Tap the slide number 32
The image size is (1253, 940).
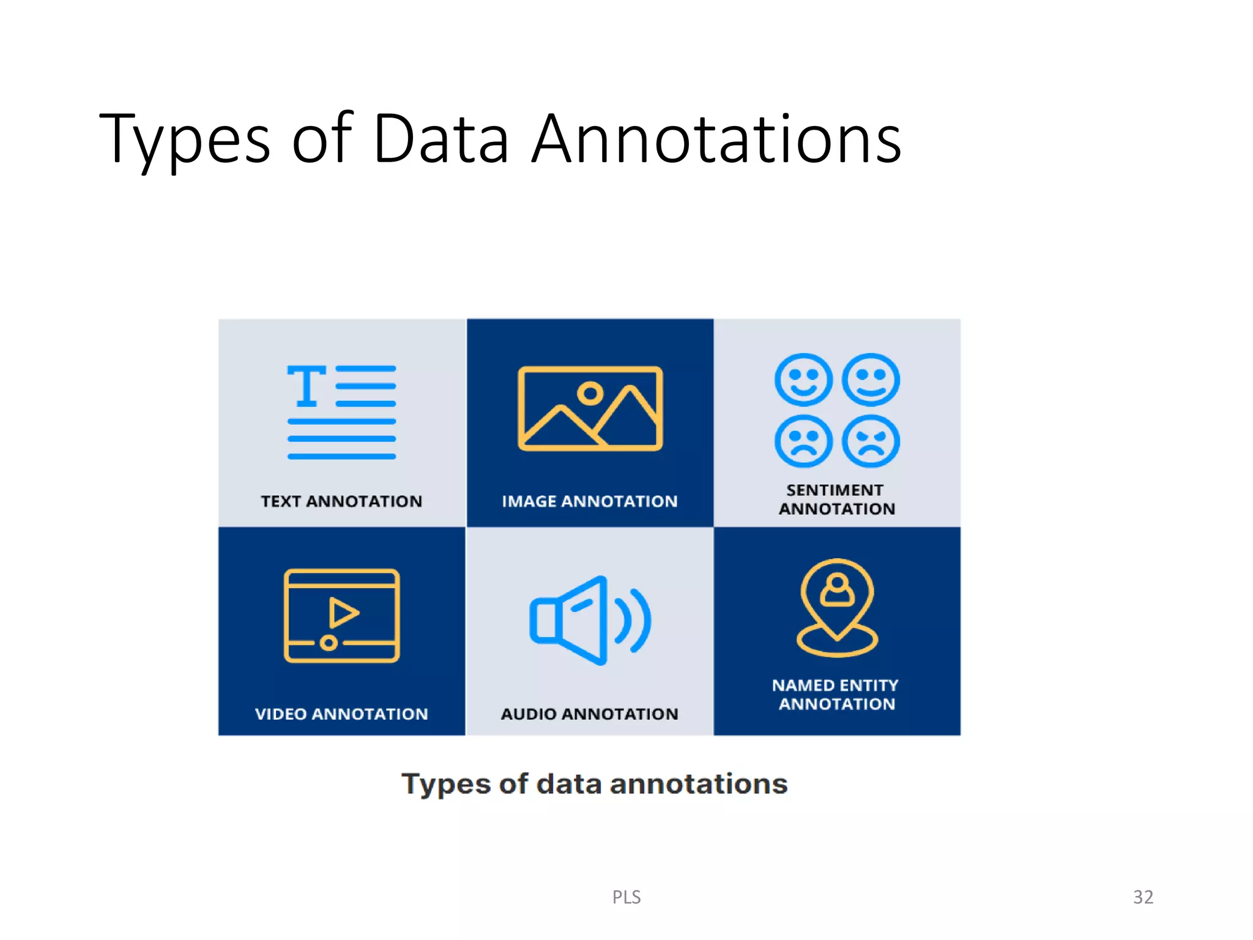[x=1143, y=897]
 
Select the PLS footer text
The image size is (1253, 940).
[x=626, y=897]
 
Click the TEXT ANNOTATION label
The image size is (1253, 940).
[x=341, y=501]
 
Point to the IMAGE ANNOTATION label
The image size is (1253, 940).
[x=590, y=501]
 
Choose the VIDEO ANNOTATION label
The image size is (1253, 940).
[x=341, y=714]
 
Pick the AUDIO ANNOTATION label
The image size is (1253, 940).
[x=590, y=714]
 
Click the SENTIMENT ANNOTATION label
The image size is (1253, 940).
[x=836, y=499]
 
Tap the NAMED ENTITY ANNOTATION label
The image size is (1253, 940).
[x=836, y=695]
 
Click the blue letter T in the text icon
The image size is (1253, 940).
[x=306, y=386]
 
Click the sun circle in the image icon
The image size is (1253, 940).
[x=590, y=393]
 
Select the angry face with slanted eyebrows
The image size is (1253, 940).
[x=871, y=441]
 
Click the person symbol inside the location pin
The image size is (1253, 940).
[x=837, y=590]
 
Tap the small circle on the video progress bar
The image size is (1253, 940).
[x=329, y=643]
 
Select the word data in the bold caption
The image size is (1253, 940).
[x=570, y=784]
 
